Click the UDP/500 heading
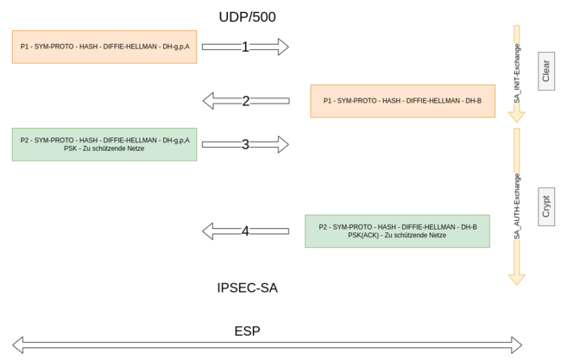247,16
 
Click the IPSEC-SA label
247,287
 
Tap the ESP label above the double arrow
247,331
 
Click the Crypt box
545,206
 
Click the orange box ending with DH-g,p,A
104,47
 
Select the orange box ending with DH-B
402,101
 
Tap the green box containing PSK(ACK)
397,231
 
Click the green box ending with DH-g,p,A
104,144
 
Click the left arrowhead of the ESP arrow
19,345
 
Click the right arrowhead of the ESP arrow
514,345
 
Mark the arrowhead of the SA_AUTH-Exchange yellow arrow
517,278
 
